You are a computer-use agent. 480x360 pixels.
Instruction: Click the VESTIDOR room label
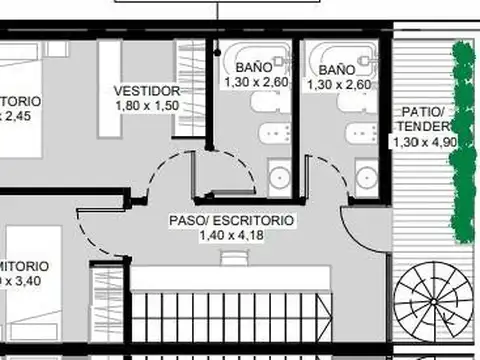pyautogui.click(x=146, y=91)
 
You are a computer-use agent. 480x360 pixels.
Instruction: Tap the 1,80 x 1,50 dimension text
pyautogui.click(x=146, y=106)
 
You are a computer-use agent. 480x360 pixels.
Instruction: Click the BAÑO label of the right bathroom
pyautogui.click(x=338, y=69)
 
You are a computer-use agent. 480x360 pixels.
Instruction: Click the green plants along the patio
pyautogui.click(x=462, y=140)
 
